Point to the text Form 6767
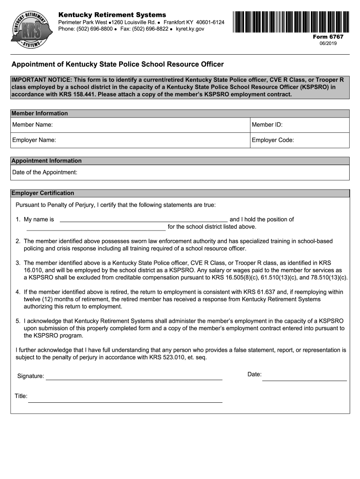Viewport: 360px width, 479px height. [x=331, y=36]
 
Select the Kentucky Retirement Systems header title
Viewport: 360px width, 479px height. [x=112, y=15]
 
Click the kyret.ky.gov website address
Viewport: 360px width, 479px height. [x=190, y=29]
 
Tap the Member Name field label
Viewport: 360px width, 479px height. [x=32, y=125]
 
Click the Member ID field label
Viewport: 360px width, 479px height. [x=267, y=125]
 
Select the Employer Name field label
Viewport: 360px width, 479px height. [x=34, y=140]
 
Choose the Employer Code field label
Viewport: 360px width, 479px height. [x=273, y=140]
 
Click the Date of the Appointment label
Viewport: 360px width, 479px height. [x=44, y=173]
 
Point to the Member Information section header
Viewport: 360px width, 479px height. [x=40, y=113]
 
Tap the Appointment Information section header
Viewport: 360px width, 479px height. [x=46, y=161]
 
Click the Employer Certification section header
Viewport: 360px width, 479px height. [x=43, y=193]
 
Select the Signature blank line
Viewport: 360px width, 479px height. [x=134, y=379]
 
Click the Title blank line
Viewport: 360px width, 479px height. [x=125, y=401]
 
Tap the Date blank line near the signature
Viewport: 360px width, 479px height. [x=304, y=380]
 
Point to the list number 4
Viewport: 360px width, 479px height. [x=17, y=292]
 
